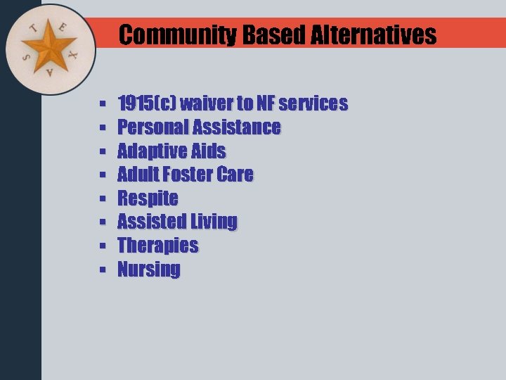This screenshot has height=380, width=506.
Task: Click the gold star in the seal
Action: [50, 49]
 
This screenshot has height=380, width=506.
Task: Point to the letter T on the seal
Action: [33, 29]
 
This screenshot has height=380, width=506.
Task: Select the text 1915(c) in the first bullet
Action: [146, 104]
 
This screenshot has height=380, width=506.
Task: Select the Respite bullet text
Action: [148, 198]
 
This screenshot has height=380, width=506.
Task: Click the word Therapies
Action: [157, 246]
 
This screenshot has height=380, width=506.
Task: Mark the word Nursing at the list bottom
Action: [148, 270]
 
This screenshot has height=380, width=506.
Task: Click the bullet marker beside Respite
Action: [103, 199]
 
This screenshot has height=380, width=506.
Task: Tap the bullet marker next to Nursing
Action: [103, 270]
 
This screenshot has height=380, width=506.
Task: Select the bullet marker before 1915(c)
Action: [103, 105]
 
